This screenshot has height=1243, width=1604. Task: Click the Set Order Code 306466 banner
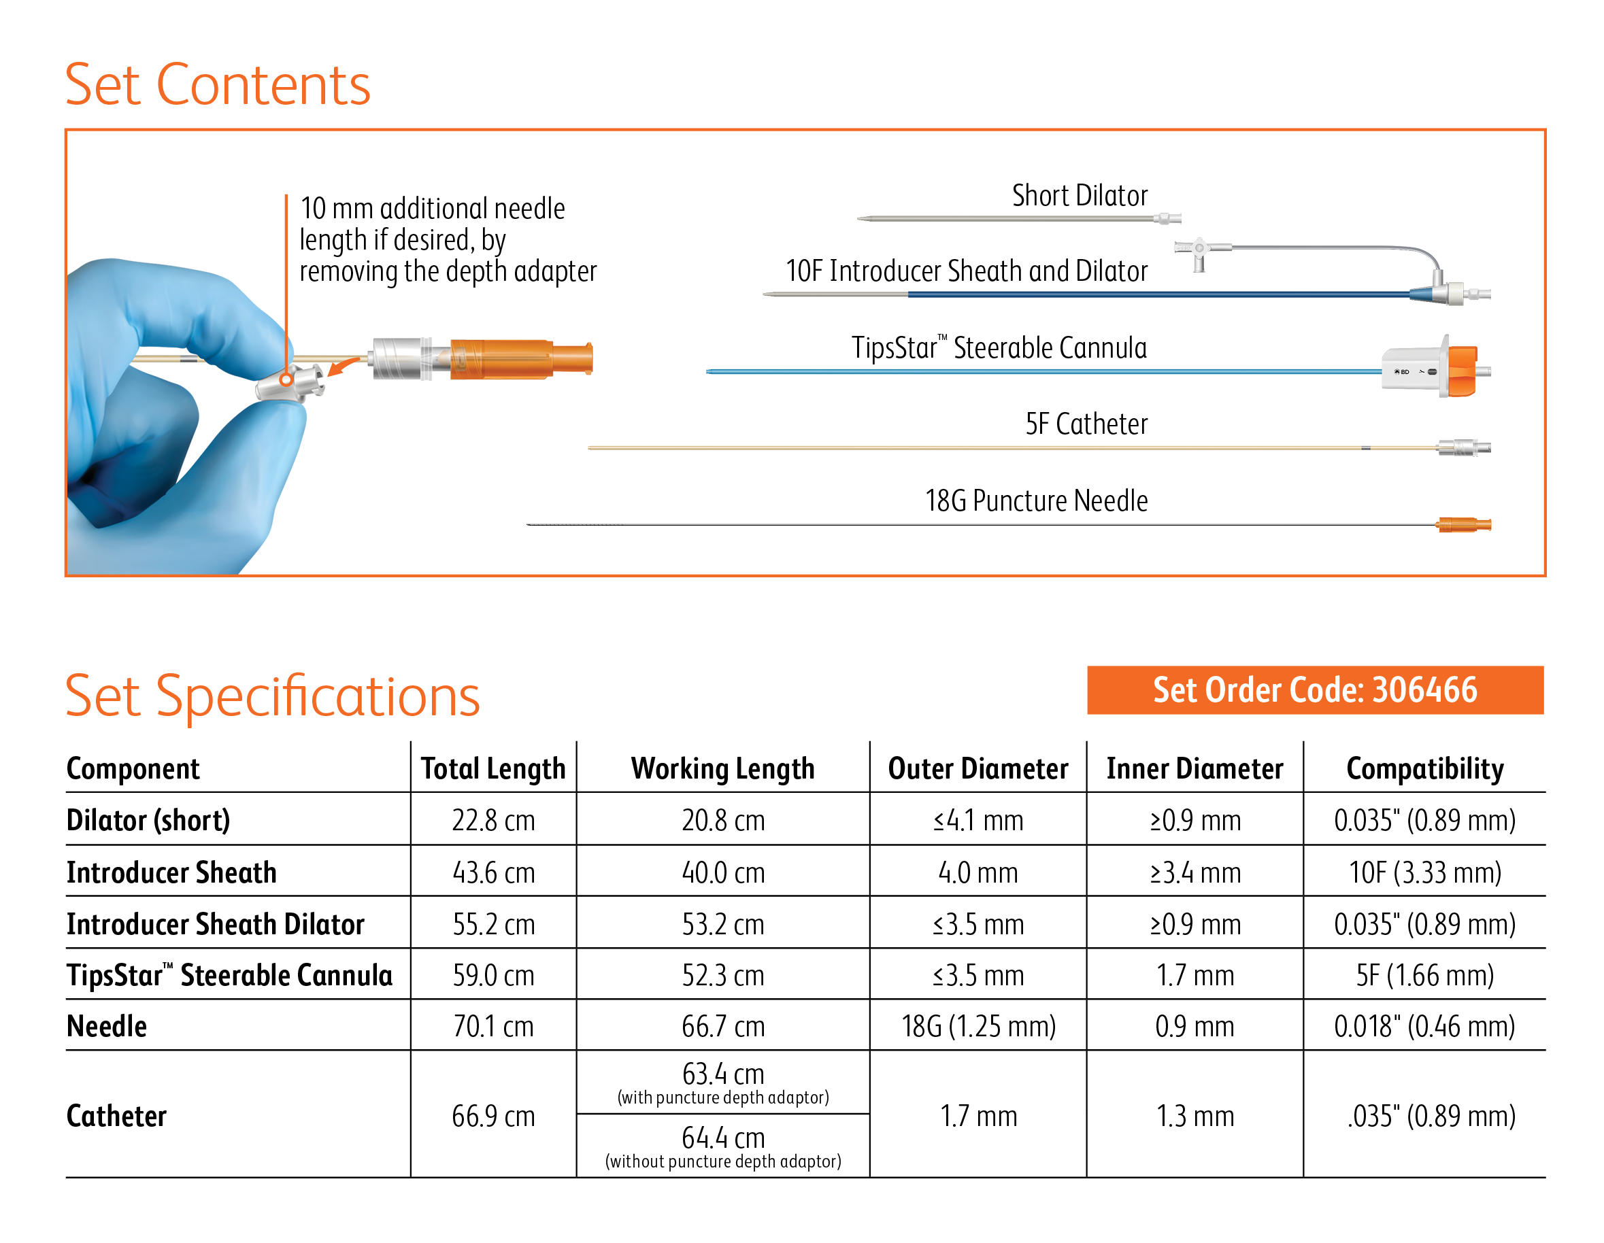tap(1314, 689)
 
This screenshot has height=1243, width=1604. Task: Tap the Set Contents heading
tap(218, 85)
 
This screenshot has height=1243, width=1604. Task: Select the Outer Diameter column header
tap(978, 768)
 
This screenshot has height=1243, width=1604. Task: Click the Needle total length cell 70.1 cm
tap(492, 1025)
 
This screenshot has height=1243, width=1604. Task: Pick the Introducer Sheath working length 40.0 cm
tap(722, 872)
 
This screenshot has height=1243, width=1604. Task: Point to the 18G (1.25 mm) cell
tap(978, 1025)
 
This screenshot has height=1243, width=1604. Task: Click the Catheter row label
tap(116, 1115)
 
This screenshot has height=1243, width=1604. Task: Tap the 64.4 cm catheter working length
tap(722, 1138)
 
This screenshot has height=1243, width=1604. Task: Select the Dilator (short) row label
tap(148, 820)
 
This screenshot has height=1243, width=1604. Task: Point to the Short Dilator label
tap(1079, 196)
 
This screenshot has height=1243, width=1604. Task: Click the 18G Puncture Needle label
tap(1035, 500)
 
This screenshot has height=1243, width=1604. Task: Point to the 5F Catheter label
tap(1086, 424)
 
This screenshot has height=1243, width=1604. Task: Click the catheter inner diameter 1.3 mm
tap(1194, 1115)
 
